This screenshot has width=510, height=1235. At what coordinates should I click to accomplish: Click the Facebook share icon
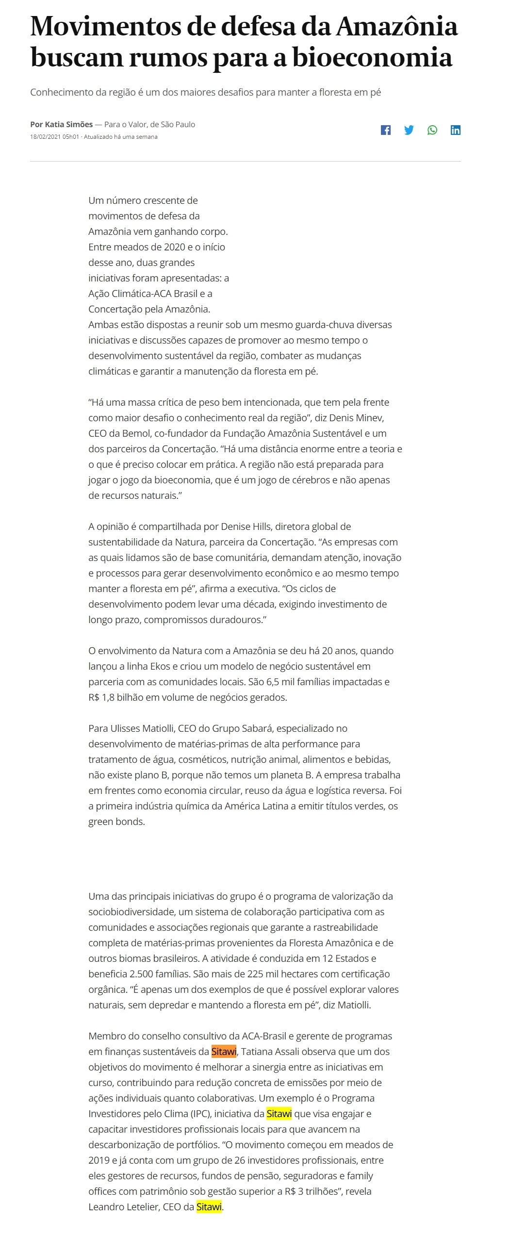tap(386, 130)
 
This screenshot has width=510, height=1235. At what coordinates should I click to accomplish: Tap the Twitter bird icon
tap(409, 130)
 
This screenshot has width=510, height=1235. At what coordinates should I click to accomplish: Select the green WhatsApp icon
tap(432, 130)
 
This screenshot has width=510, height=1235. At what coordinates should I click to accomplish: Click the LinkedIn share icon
tap(456, 130)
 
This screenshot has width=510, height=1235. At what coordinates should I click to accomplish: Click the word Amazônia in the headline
tap(397, 27)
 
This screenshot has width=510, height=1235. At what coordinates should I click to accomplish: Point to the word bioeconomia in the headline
tap(372, 58)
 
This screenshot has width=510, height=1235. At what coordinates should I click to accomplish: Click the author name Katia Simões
tap(69, 124)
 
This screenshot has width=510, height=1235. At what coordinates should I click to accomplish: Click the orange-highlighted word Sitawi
tap(224, 1052)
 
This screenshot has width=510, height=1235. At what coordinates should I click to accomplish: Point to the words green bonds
tap(116, 822)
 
